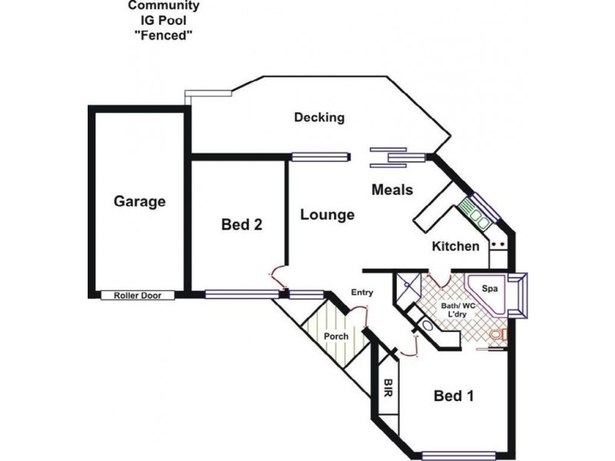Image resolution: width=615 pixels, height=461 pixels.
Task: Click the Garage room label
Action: tap(140, 202)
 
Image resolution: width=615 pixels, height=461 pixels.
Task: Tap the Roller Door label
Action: tap(138, 295)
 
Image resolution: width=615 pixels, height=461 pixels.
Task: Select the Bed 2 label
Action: tap(242, 224)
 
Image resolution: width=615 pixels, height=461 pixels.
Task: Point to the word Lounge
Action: tap(327, 214)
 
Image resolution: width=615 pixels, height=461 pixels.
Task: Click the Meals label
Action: tap(393, 190)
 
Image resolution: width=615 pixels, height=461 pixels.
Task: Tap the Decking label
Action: tap(319, 118)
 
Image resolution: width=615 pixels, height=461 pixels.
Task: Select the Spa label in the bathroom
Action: tap(489, 288)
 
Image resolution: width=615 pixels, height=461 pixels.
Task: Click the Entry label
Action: tap(361, 292)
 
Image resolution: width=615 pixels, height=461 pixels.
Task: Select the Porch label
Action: tap(336, 337)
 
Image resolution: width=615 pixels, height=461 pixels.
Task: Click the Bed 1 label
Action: tap(454, 396)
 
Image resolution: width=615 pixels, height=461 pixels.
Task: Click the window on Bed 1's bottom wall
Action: tap(459, 454)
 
